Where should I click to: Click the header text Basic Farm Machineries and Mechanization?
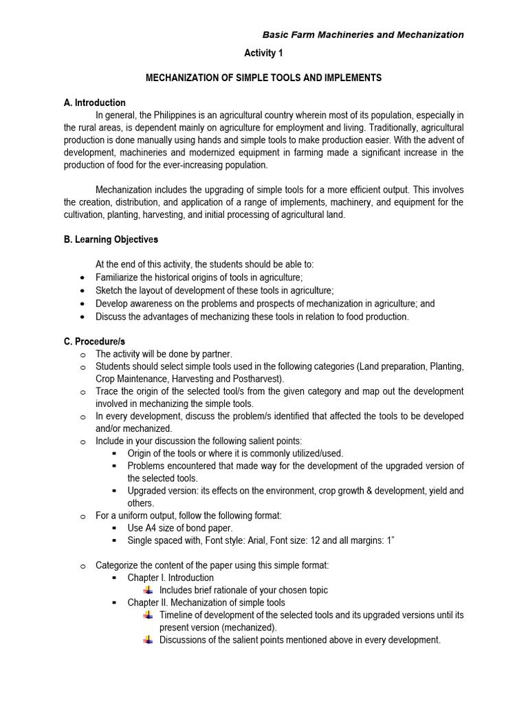pos(364,35)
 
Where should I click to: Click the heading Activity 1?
pos(263,54)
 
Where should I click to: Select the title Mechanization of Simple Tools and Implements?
pos(263,78)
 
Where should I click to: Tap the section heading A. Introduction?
pos(94,103)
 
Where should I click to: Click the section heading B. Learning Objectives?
pos(110,240)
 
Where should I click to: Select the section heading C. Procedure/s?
pos(94,341)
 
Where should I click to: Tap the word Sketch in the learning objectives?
pos(109,291)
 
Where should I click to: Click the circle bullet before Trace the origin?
pos(82,392)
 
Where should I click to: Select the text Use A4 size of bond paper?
pos(180,528)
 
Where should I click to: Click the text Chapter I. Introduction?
pos(170,577)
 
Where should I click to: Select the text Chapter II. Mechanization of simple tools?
pos(206,603)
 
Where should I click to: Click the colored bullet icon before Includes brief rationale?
pos(148,591)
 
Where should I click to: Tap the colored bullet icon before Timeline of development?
pos(148,615)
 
